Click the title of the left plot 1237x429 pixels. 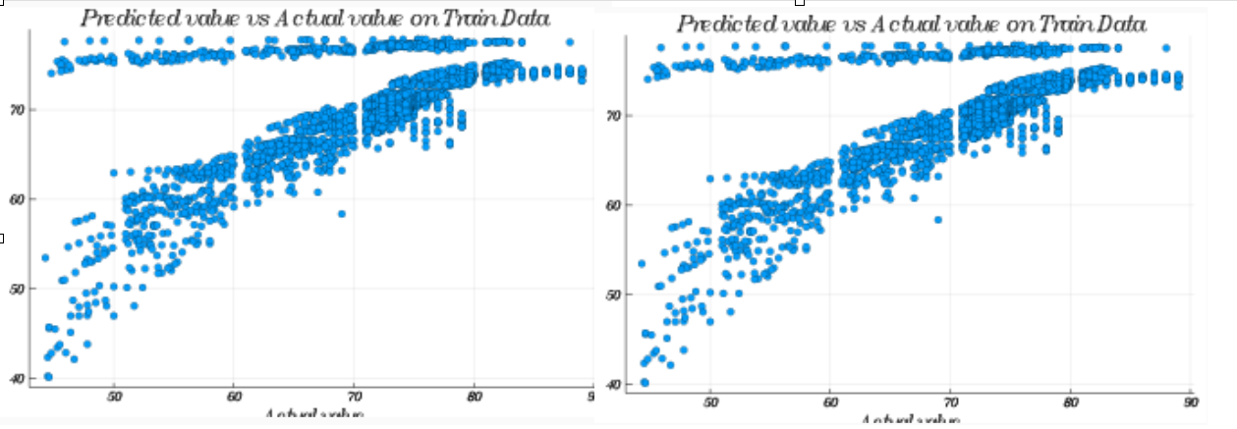tap(314, 19)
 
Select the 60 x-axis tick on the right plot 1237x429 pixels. tap(830, 402)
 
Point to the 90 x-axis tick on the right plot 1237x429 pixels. tap(1190, 402)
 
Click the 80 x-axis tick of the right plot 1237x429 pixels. tap(1070, 402)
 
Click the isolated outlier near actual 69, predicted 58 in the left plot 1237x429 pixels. tap(342, 213)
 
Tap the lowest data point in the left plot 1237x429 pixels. tap(48, 377)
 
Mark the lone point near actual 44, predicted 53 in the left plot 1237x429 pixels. tap(45, 257)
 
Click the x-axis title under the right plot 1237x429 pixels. tap(910, 420)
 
